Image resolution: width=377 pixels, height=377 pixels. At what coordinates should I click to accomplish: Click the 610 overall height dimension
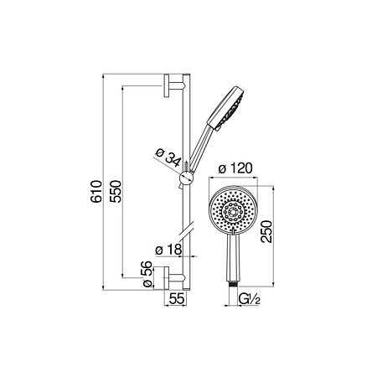click(x=96, y=191)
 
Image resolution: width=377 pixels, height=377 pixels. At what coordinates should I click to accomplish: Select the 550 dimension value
click(x=116, y=191)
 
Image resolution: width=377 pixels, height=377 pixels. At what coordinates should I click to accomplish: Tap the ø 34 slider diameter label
click(x=168, y=158)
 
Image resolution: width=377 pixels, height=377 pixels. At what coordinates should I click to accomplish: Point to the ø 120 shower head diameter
click(x=235, y=168)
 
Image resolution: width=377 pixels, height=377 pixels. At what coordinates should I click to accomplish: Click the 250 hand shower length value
click(x=266, y=231)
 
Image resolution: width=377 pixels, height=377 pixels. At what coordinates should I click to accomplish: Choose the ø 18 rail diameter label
click(x=168, y=250)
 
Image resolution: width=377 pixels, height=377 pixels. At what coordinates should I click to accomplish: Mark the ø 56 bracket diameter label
click(x=147, y=274)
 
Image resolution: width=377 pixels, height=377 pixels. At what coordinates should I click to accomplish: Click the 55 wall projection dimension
click(x=177, y=299)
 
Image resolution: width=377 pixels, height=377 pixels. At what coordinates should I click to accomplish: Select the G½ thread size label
click(x=250, y=300)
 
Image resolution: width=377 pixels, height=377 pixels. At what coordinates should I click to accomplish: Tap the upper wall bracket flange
click(x=167, y=86)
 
